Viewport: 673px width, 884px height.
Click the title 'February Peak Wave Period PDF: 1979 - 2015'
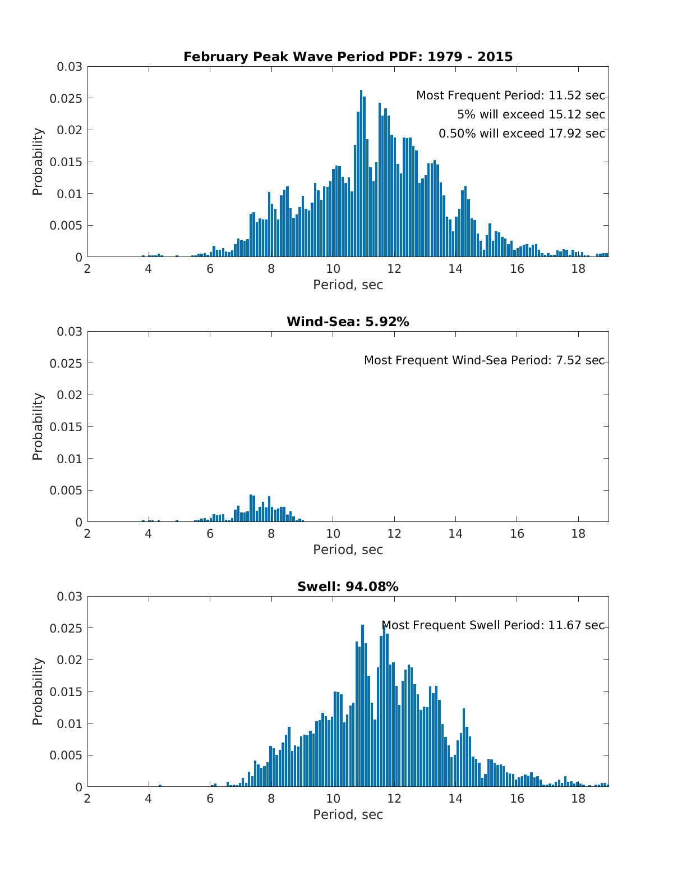[348, 57]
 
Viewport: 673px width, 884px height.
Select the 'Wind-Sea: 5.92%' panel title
[348, 322]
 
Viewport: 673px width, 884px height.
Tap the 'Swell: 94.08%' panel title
[348, 587]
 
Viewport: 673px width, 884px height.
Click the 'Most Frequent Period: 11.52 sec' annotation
[510, 96]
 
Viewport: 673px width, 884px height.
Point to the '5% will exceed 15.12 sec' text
[531, 115]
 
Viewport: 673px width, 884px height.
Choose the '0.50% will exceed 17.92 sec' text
[522, 134]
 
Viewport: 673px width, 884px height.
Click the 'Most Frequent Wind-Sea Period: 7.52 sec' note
[484, 360]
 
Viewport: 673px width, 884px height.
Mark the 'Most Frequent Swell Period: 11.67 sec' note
[493, 625]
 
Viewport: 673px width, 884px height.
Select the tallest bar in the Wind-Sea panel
[251, 509]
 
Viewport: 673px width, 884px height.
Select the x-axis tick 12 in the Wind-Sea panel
[394, 534]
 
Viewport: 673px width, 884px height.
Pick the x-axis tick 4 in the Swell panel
[149, 799]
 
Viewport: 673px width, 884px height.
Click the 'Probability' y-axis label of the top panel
[38, 162]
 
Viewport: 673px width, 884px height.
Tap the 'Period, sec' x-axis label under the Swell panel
[348, 814]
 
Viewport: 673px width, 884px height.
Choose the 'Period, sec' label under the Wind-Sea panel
[348, 549]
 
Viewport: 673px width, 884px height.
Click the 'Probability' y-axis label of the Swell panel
[38, 691]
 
